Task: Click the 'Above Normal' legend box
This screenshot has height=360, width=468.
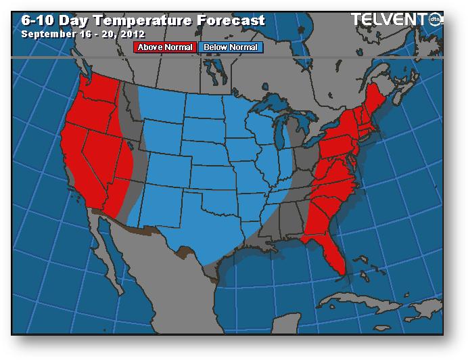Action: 166,47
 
